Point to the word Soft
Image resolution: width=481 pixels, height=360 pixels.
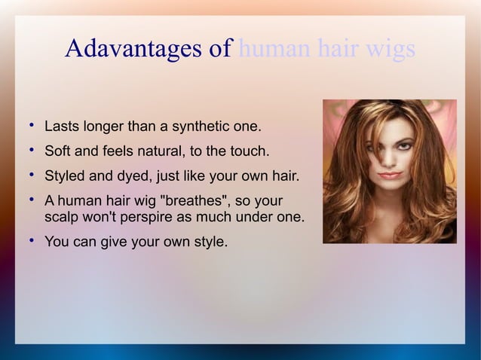[60, 151]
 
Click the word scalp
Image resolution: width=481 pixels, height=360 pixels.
[63, 218]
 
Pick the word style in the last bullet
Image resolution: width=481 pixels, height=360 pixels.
[208, 243]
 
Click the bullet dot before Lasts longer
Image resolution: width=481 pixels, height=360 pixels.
[29, 123]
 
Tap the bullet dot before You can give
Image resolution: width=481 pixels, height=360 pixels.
[29, 241]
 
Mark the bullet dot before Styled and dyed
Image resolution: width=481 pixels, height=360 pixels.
[29, 176]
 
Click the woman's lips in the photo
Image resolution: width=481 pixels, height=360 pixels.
[389, 175]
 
